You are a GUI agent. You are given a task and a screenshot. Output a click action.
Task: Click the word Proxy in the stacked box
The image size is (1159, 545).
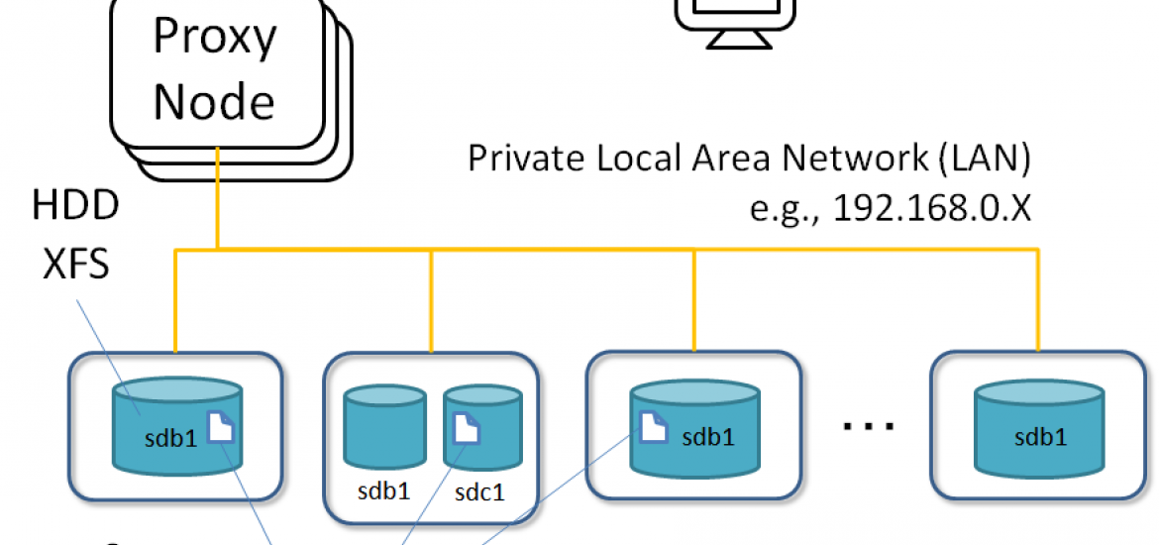214,38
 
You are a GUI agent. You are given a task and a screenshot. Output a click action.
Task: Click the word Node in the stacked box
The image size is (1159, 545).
214,102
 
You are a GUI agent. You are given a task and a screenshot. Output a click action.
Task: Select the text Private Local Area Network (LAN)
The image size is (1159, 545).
750,160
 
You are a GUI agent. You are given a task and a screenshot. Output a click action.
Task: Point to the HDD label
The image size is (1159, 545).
75,206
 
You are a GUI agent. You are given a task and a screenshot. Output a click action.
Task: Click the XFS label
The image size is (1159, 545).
75,266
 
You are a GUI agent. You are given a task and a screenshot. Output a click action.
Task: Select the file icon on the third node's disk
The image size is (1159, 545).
651,426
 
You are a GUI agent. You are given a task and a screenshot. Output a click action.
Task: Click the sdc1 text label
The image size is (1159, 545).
479,490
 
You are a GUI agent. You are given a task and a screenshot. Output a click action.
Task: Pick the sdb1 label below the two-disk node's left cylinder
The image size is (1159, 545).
383,490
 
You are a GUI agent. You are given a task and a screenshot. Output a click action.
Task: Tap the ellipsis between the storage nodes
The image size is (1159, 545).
869,425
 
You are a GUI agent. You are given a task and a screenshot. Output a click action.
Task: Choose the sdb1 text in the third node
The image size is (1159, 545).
707,437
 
